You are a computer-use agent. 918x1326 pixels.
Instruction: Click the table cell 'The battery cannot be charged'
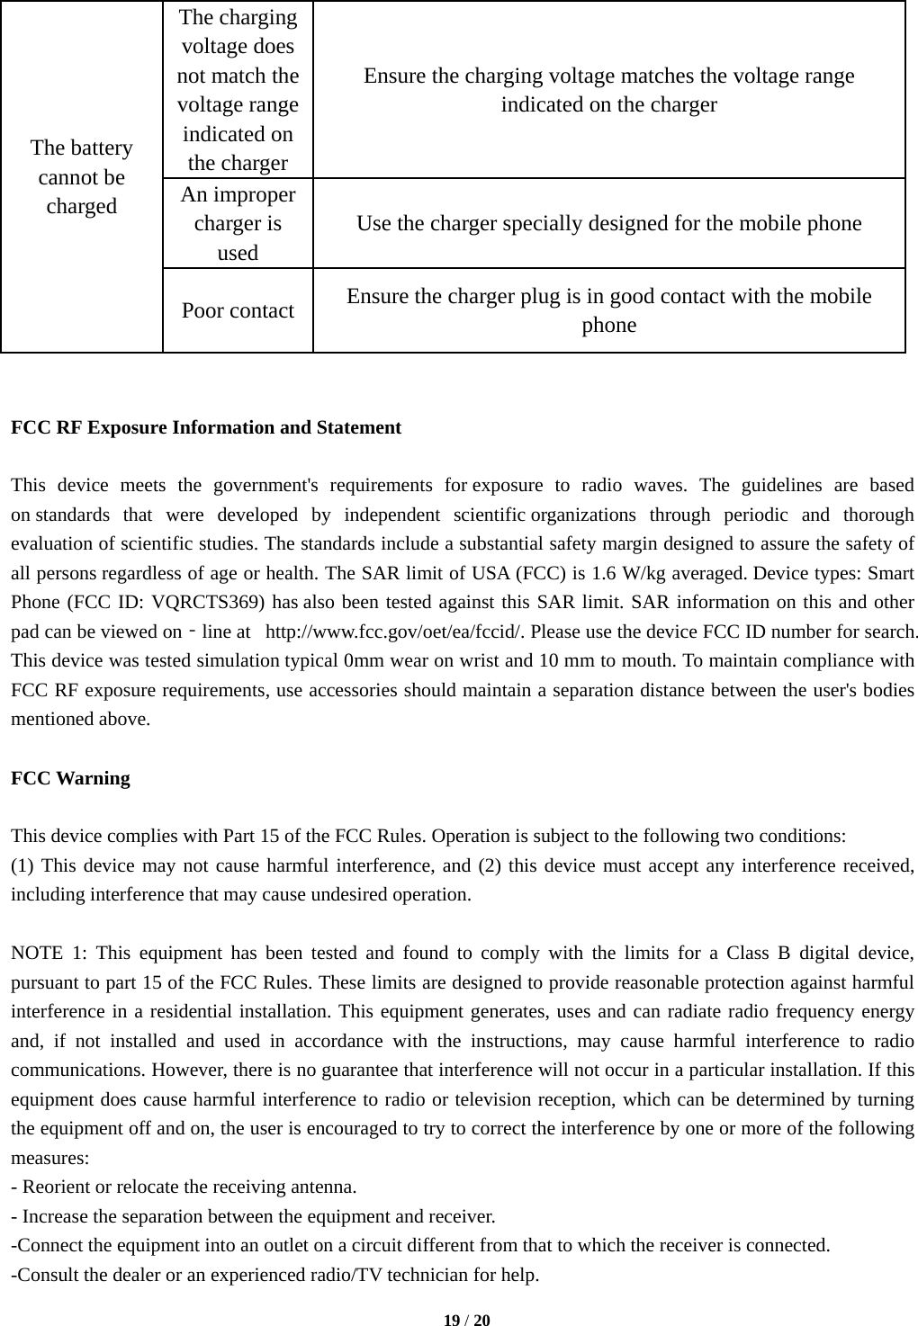click(x=82, y=176)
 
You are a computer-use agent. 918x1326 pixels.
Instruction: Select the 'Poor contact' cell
click(x=238, y=310)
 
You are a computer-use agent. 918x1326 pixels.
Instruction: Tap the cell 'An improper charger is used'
click(x=238, y=223)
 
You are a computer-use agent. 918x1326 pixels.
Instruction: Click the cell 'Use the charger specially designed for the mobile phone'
click(x=608, y=223)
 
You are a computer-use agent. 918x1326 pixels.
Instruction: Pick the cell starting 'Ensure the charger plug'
click(x=608, y=310)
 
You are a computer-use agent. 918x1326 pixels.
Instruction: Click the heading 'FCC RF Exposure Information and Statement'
click(x=206, y=427)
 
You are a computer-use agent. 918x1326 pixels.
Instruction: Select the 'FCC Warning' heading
click(x=70, y=778)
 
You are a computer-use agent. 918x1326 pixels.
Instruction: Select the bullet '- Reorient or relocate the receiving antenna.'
click(x=184, y=1187)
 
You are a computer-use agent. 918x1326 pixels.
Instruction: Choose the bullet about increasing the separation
click(x=253, y=1216)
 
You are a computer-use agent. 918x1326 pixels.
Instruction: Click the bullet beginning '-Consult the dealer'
click(x=275, y=1275)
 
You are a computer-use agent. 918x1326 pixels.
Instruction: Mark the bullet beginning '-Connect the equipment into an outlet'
click(x=420, y=1245)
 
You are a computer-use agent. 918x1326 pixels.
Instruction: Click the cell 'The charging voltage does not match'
click(x=238, y=90)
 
